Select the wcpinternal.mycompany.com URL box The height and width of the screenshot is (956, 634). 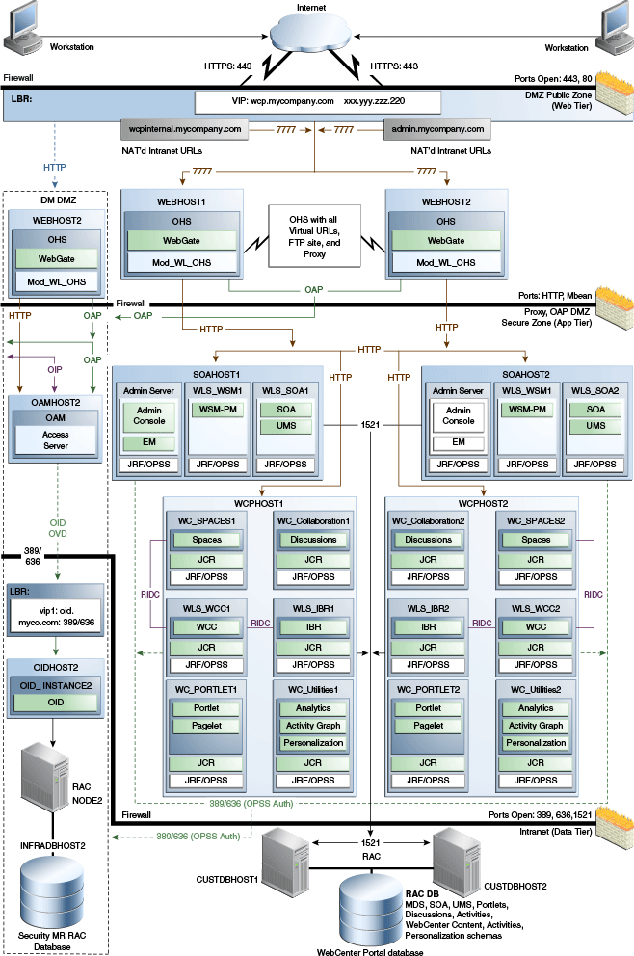184,128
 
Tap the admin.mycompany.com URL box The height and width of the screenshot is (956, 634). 436,128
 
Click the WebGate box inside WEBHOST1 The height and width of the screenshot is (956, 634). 180,241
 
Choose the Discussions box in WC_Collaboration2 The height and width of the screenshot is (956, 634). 428,540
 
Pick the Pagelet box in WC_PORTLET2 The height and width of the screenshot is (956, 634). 428,725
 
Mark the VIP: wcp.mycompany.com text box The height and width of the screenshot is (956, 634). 318,100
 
